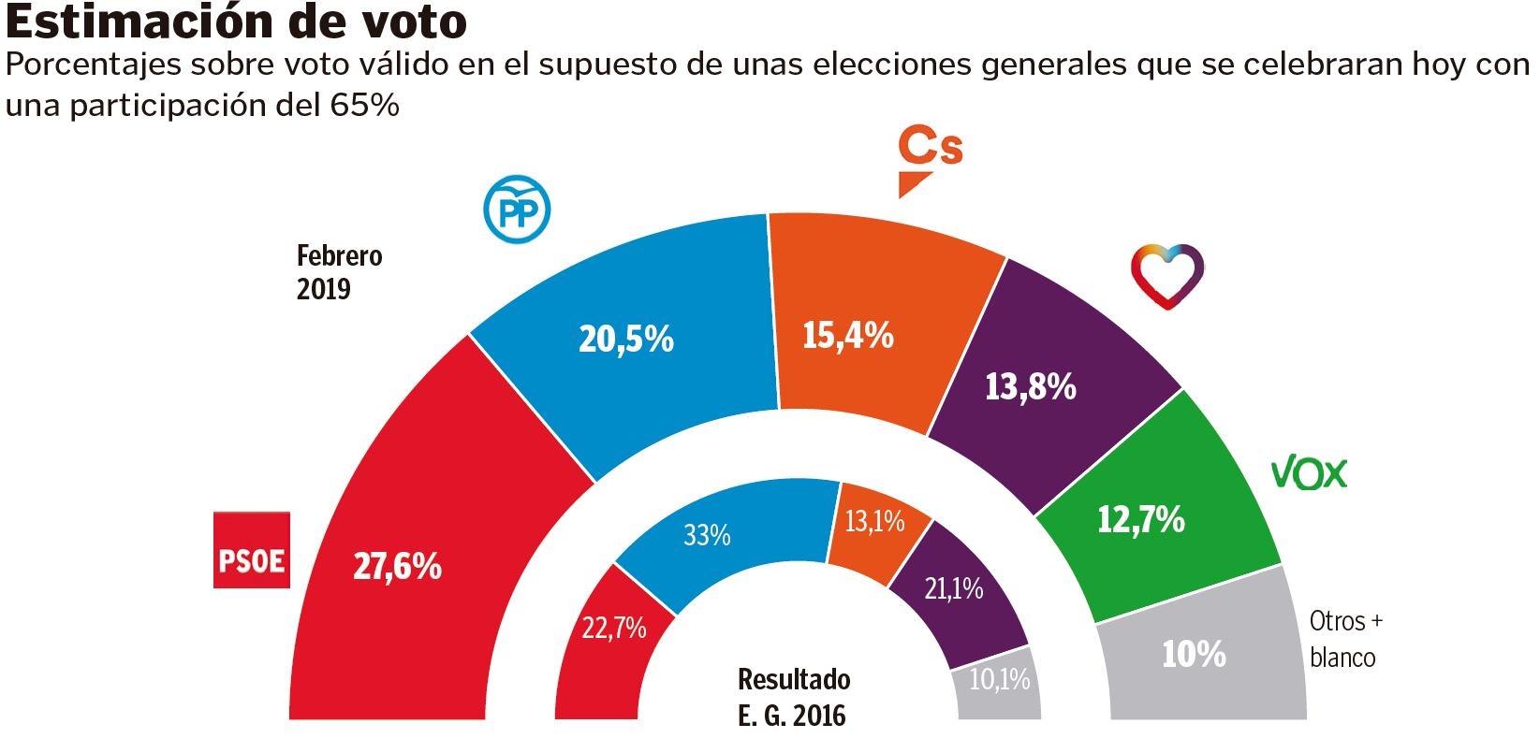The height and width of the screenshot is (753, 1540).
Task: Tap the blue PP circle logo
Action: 516,211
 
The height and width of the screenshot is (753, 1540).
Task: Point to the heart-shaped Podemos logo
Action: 1166,276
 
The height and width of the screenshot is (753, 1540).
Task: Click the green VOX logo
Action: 1308,474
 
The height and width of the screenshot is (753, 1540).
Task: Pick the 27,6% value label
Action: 397,566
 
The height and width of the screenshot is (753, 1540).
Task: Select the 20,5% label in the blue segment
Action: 626,339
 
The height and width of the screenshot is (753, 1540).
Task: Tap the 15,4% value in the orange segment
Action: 848,334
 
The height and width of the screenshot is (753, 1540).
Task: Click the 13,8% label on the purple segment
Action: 1030,385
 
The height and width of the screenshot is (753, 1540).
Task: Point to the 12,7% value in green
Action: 1140,518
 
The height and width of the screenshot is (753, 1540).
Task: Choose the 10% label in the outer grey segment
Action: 1194,655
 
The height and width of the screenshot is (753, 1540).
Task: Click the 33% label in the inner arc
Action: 707,536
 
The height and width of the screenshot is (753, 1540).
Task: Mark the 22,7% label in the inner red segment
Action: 614,628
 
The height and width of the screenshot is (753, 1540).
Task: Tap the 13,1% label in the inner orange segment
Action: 874,521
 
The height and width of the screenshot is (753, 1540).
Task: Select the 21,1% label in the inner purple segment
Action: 953,588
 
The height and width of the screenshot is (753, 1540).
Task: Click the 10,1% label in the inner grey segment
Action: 999,678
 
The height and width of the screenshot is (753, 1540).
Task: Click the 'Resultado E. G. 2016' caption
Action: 793,698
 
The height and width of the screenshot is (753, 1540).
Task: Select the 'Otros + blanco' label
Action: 1345,639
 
